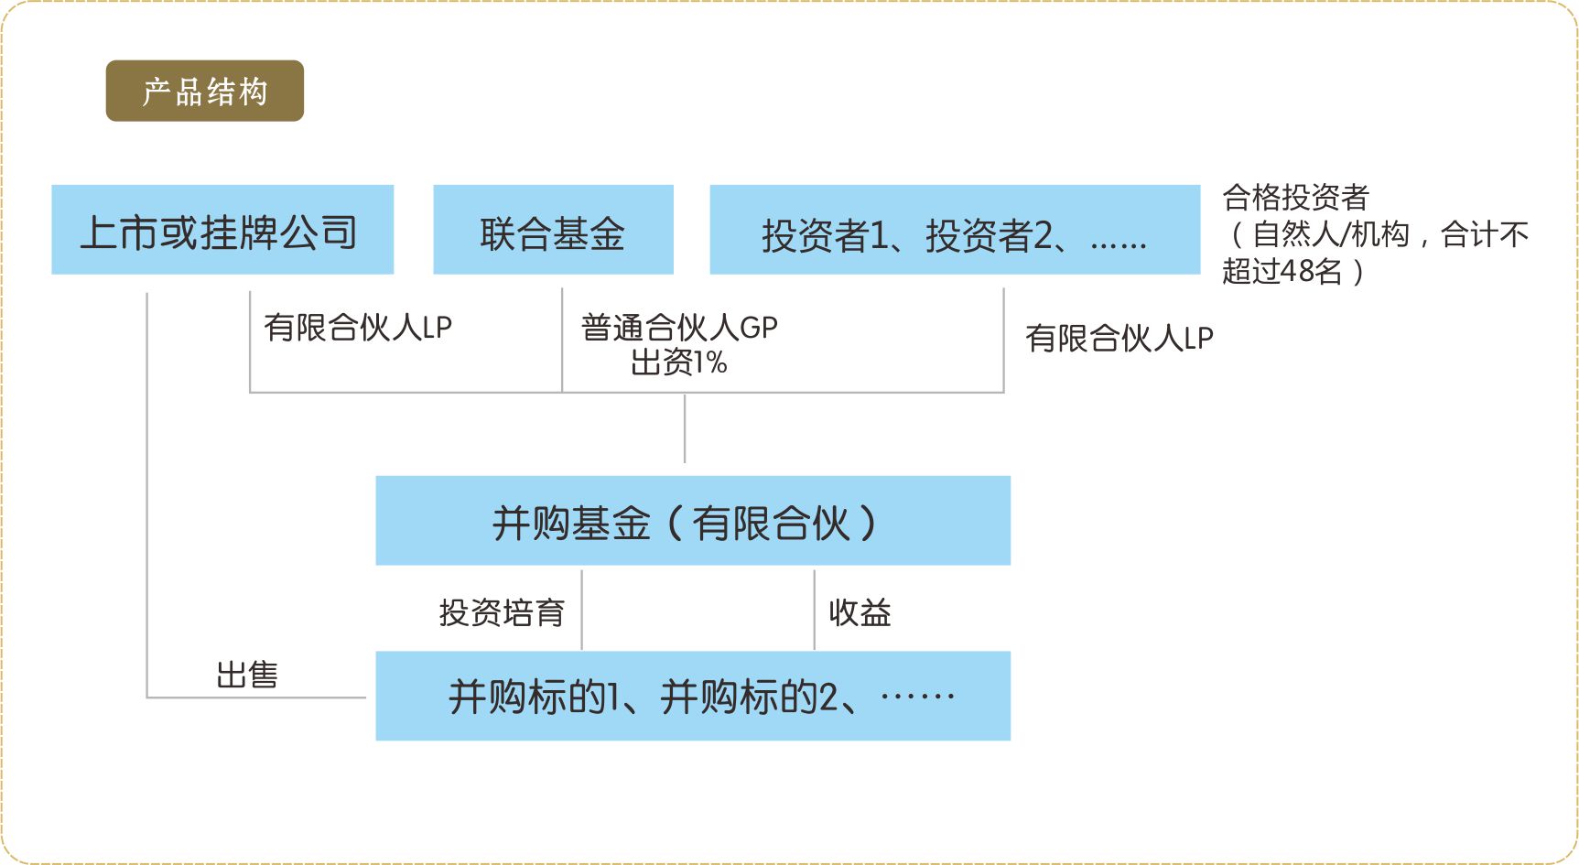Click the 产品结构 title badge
pyautogui.click(x=205, y=91)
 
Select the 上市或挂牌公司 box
pyautogui.click(x=222, y=230)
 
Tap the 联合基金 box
pyautogui.click(x=553, y=230)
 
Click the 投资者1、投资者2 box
pyautogui.click(x=955, y=230)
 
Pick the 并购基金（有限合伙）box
pyautogui.click(x=693, y=521)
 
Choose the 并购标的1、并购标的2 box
pyautogui.click(x=693, y=697)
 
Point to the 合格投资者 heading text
pyautogui.click(x=1295, y=197)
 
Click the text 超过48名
pyautogui.click(x=1282, y=272)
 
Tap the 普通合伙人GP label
pyautogui.click(x=679, y=327)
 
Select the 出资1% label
pyautogui.click(x=679, y=362)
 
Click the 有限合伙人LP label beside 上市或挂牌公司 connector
pyautogui.click(x=358, y=327)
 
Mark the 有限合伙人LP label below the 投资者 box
pyautogui.click(x=1119, y=338)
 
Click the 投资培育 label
pyautogui.click(x=502, y=612)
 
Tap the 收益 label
pyautogui.click(x=860, y=612)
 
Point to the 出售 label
pyautogui.click(x=247, y=676)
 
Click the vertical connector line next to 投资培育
pyautogui.click(x=582, y=610)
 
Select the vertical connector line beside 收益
pyautogui.click(x=815, y=610)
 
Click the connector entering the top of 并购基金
pyautogui.click(x=685, y=428)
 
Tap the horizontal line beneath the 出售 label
pyautogui.click(x=256, y=697)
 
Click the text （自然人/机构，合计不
pyautogui.click(x=1377, y=234)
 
